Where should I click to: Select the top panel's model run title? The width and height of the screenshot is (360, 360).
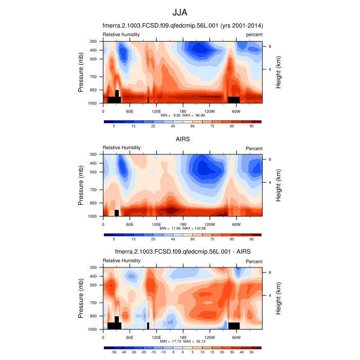[x=183, y=26]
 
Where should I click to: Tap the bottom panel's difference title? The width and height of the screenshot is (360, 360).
[x=183, y=251]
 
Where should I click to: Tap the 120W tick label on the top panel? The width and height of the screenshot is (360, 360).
[x=209, y=111]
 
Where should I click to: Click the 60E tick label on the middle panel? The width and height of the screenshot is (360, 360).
[x=130, y=224]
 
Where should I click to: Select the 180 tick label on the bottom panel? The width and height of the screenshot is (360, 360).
[x=183, y=337]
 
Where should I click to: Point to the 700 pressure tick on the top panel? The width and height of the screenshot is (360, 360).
[x=93, y=77]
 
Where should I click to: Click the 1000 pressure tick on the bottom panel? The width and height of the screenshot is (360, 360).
[x=92, y=329]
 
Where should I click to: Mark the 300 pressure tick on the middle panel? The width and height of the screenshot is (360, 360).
[x=93, y=154]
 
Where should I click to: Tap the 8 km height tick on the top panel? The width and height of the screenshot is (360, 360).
[x=269, y=46]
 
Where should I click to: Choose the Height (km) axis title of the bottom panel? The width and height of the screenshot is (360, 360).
[x=278, y=298]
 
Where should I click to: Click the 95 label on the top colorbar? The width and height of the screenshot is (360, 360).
[x=252, y=126]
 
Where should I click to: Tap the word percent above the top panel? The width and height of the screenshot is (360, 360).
[x=254, y=34]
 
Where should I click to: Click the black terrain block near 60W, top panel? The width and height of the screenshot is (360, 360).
[x=233, y=99]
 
